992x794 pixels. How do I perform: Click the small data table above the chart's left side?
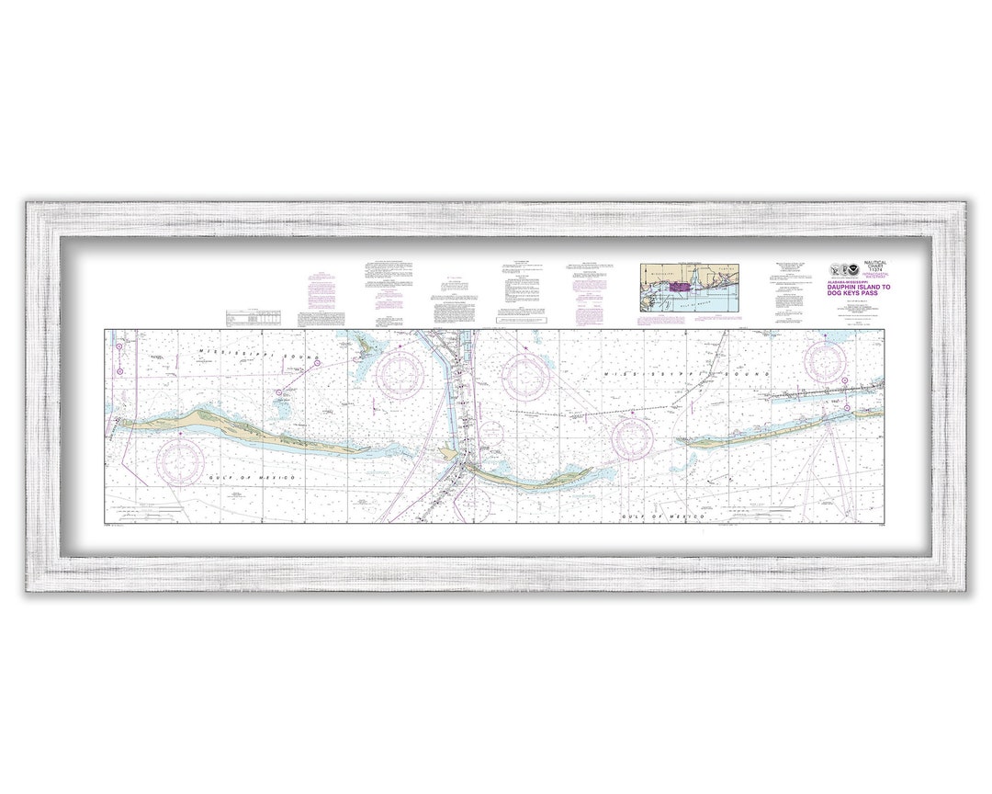[254, 317]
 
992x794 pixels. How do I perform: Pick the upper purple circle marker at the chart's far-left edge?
[119, 346]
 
